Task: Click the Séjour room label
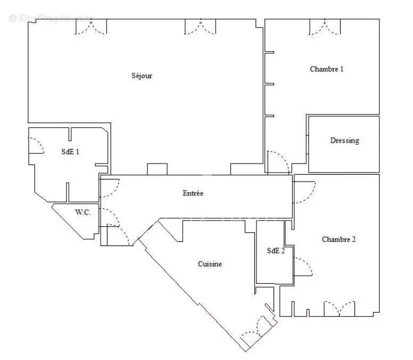click(x=142, y=76)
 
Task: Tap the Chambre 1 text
click(x=327, y=69)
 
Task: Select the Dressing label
click(x=344, y=141)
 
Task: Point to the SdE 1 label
click(x=70, y=152)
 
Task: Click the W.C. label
click(x=82, y=212)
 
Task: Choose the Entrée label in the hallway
click(x=193, y=193)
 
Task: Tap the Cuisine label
click(x=210, y=264)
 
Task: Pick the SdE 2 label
click(x=275, y=251)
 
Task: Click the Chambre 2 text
click(x=338, y=240)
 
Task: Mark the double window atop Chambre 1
click(x=324, y=27)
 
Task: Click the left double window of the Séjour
click(x=90, y=27)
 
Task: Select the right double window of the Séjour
click(x=201, y=27)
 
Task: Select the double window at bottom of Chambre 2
click(x=339, y=309)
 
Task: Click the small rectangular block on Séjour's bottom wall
click(x=157, y=169)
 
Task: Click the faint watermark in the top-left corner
click(x=51, y=18)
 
